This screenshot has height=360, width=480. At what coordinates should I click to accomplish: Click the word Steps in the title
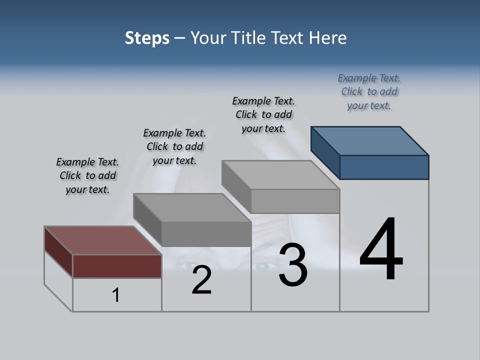tap(147, 38)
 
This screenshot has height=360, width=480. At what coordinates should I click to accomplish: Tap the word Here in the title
tap(328, 38)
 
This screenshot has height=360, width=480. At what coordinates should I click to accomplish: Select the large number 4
tap(381, 249)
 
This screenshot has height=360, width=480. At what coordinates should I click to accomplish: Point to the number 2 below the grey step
tap(201, 280)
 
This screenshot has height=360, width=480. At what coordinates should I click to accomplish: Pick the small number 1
tap(116, 295)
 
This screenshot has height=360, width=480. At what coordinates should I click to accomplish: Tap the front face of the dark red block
tap(117, 266)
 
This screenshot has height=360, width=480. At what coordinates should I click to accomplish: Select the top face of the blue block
tap(370, 140)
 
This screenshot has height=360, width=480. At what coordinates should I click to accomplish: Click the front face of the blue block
tap(384, 167)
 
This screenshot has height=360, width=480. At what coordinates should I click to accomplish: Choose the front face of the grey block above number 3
tap(295, 201)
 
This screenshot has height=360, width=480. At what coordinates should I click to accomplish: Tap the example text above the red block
tap(87, 175)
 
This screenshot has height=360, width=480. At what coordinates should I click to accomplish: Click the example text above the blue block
tap(369, 91)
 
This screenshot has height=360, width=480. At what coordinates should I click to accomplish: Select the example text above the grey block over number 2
tap(174, 146)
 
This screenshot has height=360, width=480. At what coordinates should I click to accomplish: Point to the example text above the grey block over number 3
tap(263, 114)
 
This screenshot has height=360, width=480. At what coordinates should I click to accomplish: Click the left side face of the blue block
tap(325, 152)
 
